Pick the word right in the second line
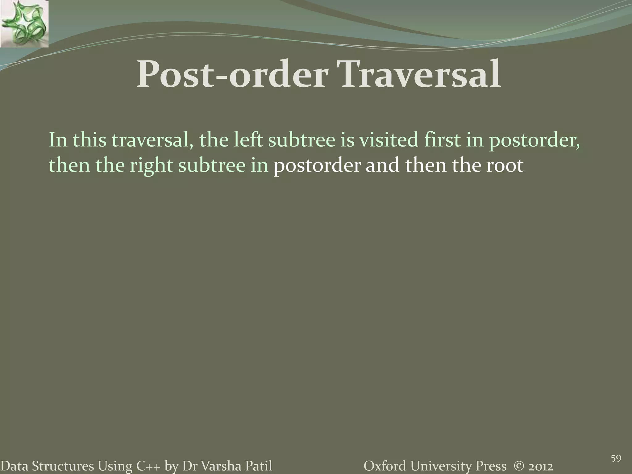click(151, 165)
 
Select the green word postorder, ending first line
click(534, 140)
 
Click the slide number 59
click(616, 450)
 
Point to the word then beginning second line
click(69, 165)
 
